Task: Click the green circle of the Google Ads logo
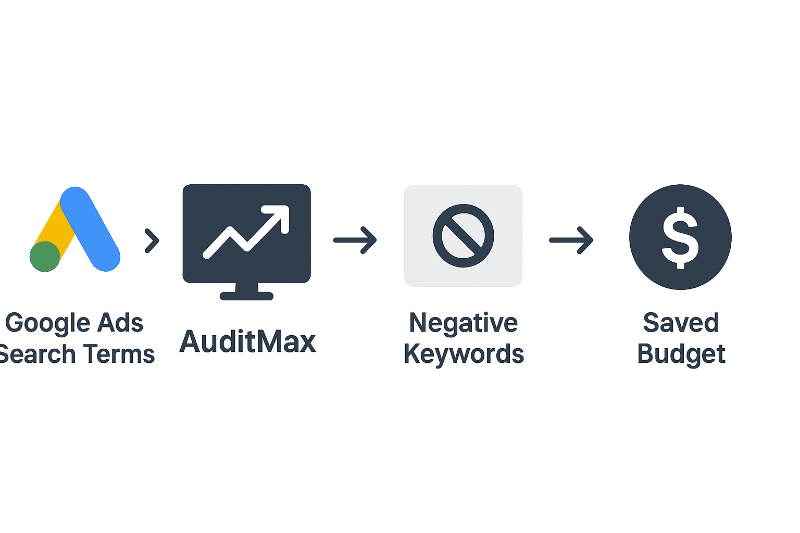(x=45, y=256)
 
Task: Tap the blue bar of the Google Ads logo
(x=90, y=229)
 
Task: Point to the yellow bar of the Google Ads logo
(x=54, y=229)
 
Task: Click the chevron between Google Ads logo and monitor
(x=152, y=240)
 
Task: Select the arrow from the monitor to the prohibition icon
(x=355, y=240)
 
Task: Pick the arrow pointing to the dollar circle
(x=571, y=240)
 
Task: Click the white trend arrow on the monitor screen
(x=246, y=231)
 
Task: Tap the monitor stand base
(x=246, y=296)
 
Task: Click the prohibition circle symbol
(x=463, y=236)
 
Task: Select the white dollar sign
(x=680, y=238)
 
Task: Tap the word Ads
(x=120, y=323)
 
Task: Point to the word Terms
(x=120, y=354)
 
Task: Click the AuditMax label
(x=247, y=341)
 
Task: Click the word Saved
(x=681, y=323)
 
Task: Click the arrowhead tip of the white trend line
(x=288, y=206)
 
